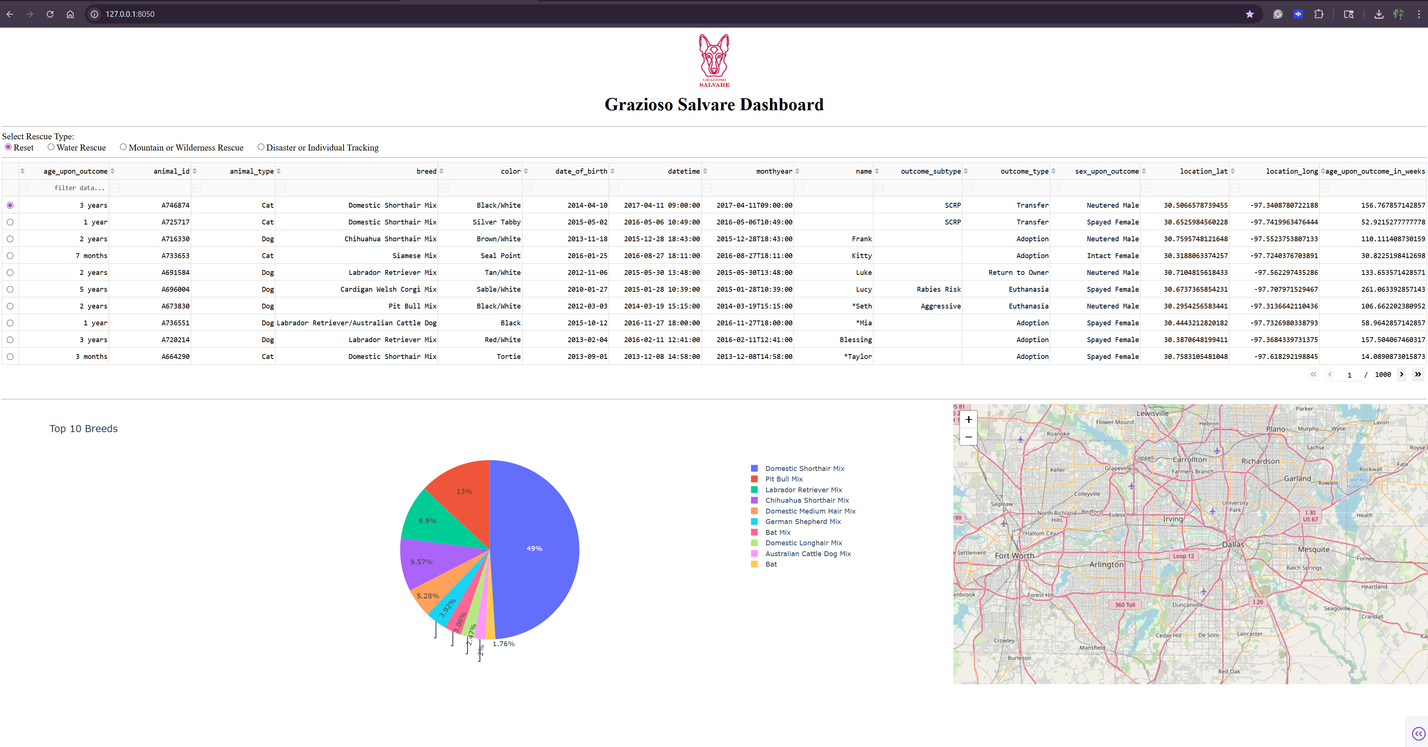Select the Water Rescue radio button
tap(51, 147)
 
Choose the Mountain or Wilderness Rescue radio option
tap(123, 147)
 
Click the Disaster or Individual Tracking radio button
tap(261, 147)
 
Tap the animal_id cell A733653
tap(175, 255)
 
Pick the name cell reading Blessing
tap(856, 340)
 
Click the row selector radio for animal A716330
tap(10, 239)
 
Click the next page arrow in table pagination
tap(1401, 374)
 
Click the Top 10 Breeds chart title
tap(83, 429)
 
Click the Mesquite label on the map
tap(1313, 549)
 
